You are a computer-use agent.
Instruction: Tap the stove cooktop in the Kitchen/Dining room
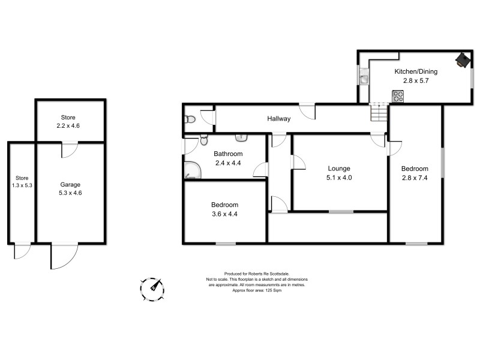tap(398, 95)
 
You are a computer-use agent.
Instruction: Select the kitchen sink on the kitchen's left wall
tap(364, 77)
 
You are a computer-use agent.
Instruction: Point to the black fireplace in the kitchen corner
tap(462, 59)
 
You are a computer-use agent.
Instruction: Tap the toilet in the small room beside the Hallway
tap(190, 119)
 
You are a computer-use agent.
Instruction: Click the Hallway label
tap(278, 119)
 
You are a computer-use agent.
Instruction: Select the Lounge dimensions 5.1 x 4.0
tap(338, 178)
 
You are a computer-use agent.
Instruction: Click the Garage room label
tap(70, 184)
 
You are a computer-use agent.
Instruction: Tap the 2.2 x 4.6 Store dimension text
tap(68, 126)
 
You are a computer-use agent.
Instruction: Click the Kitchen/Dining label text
tap(415, 71)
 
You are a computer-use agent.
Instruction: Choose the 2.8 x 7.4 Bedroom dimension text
tap(415, 178)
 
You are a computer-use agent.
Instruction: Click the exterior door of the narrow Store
tap(22, 250)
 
